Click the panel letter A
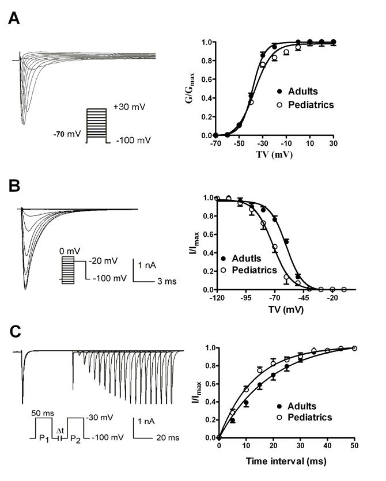(x=16, y=18)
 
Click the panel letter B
(x=16, y=186)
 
